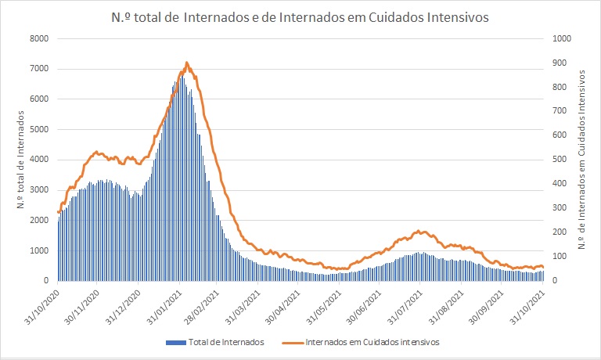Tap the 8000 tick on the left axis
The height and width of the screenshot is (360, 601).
click(x=38, y=38)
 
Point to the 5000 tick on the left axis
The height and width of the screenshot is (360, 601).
click(x=38, y=129)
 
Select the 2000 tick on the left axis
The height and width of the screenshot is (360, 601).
click(x=38, y=220)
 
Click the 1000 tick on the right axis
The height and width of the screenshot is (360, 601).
click(x=562, y=38)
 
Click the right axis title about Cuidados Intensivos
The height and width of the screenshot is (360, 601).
click(x=584, y=159)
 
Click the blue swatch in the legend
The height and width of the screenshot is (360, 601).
click(x=178, y=342)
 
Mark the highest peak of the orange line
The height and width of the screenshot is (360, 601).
click(x=186, y=63)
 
